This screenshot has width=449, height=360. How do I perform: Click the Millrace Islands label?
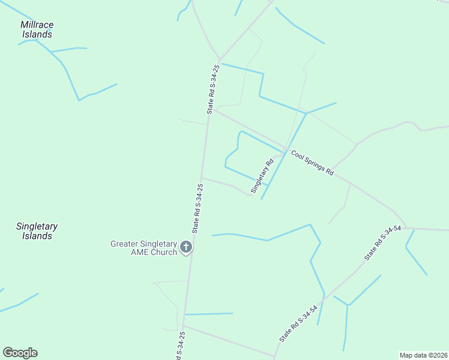[37, 29]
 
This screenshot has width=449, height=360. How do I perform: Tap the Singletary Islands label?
[37, 231]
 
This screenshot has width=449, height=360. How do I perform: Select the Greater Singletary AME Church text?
[143, 248]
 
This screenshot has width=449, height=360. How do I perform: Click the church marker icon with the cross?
[186, 247]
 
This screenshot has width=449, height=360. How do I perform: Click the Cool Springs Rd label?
[313, 163]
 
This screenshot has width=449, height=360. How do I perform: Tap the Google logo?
[20, 353]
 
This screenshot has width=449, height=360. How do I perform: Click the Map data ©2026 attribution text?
[424, 355]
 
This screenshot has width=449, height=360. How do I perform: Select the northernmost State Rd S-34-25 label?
[212, 89]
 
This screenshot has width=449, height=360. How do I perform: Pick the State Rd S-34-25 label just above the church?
[197, 208]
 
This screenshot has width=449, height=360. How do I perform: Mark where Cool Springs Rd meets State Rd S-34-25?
[214, 110]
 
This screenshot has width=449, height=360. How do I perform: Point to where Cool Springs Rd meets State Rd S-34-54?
[406, 228]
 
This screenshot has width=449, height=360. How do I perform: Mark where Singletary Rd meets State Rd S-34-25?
[202, 178]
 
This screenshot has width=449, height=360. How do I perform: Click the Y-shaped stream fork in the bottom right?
[348, 305]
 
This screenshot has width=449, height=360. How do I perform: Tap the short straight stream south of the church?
[208, 313]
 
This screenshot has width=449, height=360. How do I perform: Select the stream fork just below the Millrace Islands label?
[50, 52]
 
